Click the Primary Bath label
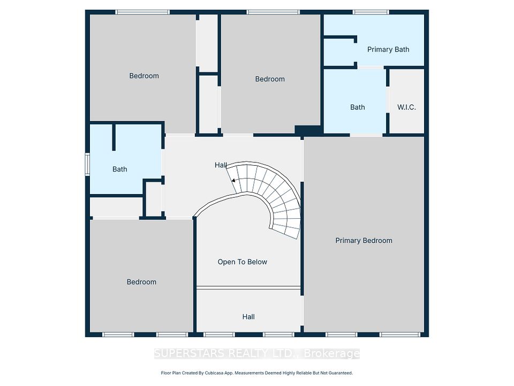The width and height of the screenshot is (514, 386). (x=388, y=49)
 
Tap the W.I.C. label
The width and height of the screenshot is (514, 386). (x=406, y=107)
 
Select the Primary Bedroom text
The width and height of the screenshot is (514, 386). (x=364, y=241)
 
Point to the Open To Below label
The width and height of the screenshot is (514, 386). (x=242, y=262)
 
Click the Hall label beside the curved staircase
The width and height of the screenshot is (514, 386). (x=221, y=165)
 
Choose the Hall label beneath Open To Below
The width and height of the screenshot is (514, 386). (x=248, y=317)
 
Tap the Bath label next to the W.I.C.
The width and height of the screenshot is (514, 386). (x=357, y=107)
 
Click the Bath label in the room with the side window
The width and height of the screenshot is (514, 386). (x=119, y=169)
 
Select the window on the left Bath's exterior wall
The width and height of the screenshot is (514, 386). (x=87, y=164)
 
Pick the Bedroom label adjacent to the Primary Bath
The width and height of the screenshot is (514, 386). (x=270, y=79)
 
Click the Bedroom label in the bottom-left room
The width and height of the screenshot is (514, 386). (x=141, y=282)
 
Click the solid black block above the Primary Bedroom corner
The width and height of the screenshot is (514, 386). (x=308, y=130)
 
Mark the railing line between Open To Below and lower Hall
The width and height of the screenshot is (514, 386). (x=248, y=287)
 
